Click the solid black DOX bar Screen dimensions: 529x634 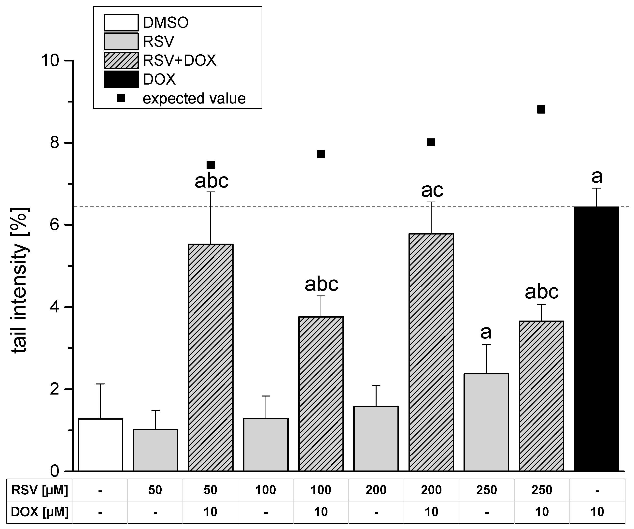[597, 338]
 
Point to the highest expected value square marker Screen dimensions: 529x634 [541, 109]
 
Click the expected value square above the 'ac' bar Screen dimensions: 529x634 [431, 142]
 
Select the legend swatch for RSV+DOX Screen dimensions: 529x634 [121, 60]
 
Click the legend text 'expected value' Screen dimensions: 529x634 [194, 99]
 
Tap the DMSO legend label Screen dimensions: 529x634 [166, 23]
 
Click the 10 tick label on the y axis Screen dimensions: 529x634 [50, 60]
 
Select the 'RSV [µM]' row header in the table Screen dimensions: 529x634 [40, 490]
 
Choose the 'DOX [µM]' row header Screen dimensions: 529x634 [40, 512]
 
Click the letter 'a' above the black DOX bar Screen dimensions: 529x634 [597, 176]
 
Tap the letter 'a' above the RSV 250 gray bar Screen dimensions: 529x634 [486, 332]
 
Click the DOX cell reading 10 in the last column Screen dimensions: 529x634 [597, 512]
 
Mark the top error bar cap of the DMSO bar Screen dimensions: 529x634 [100, 384]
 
